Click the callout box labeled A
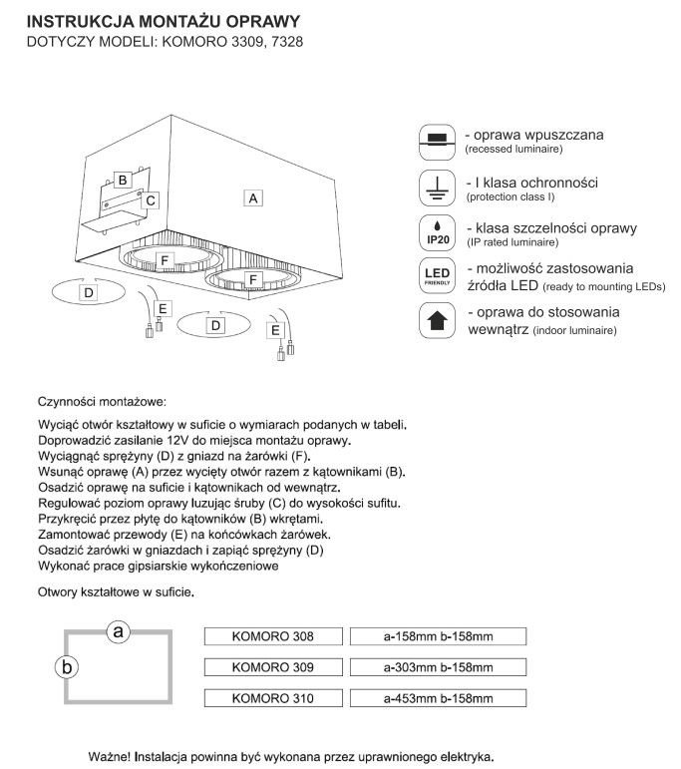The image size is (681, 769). point(254,198)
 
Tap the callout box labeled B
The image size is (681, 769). point(123,181)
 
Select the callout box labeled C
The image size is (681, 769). point(150,200)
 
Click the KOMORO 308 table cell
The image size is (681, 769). point(272,635)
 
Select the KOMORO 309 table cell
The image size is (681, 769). point(272,666)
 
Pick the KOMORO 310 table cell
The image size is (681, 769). point(272,698)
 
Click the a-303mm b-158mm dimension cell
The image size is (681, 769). point(438,666)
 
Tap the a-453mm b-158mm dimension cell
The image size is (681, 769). point(438,698)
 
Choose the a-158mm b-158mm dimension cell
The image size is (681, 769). point(438,635)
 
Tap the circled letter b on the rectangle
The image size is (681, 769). point(66,667)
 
